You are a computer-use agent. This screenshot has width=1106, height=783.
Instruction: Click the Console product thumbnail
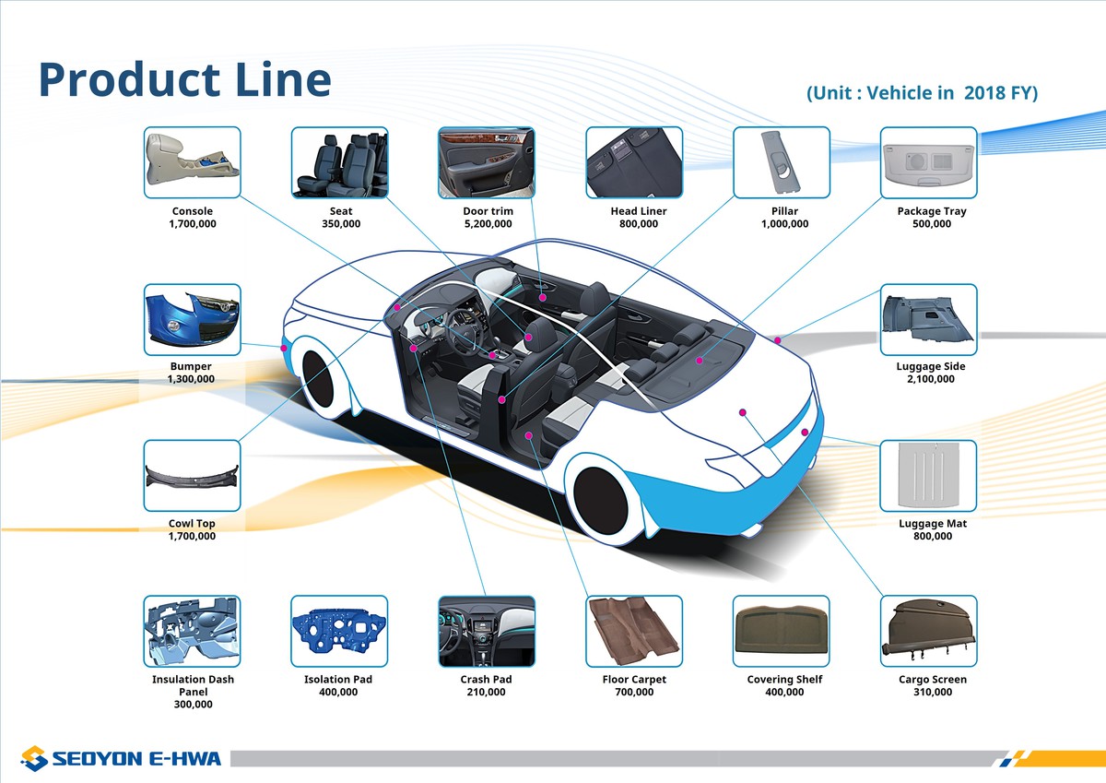point(192,162)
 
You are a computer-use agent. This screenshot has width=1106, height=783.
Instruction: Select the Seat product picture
point(339,162)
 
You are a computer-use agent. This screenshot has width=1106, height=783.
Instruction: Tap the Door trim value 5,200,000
point(488,224)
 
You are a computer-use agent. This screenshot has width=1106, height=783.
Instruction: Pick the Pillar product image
point(782,162)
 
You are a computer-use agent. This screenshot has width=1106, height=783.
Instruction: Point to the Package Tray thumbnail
point(928,162)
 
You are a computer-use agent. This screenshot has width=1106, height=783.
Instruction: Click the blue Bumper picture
point(192,319)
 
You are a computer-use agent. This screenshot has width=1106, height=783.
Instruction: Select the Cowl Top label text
point(192,524)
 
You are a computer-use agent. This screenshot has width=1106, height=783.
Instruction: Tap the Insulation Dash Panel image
point(192,631)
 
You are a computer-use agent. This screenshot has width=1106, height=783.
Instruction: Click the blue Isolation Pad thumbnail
point(339,631)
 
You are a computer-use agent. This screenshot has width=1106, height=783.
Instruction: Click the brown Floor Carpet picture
point(634,631)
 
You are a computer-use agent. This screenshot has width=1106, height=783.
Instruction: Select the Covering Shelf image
point(782,631)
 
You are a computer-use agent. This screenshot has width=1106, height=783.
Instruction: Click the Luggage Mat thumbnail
point(928,475)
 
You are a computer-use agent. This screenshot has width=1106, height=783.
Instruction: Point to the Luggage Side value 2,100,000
point(931,379)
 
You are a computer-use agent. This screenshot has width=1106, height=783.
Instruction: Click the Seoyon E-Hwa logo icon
point(34,758)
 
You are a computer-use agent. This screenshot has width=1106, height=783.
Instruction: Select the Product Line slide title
point(184,79)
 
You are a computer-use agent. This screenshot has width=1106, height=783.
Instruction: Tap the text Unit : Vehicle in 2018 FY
point(922,93)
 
